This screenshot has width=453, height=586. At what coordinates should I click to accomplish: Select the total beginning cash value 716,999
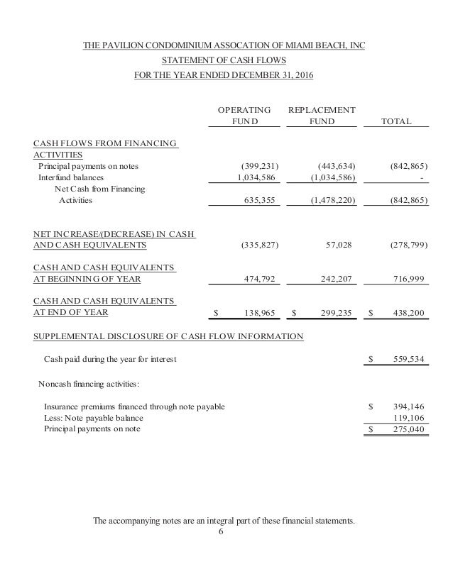[x=409, y=280]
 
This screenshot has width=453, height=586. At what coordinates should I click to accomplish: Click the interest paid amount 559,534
[x=409, y=360]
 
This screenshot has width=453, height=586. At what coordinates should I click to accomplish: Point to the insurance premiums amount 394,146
[x=409, y=407]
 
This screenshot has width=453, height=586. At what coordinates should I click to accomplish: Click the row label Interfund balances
[x=70, y=177]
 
